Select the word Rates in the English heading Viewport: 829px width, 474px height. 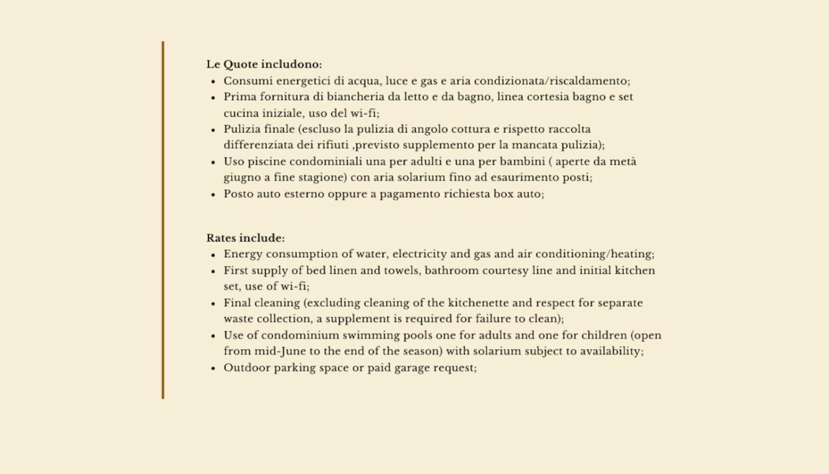coord(221,238)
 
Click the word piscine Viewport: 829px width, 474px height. coord(266,162)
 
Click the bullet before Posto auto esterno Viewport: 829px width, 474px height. coord(213,194)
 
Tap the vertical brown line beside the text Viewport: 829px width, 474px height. coord(163,219)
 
